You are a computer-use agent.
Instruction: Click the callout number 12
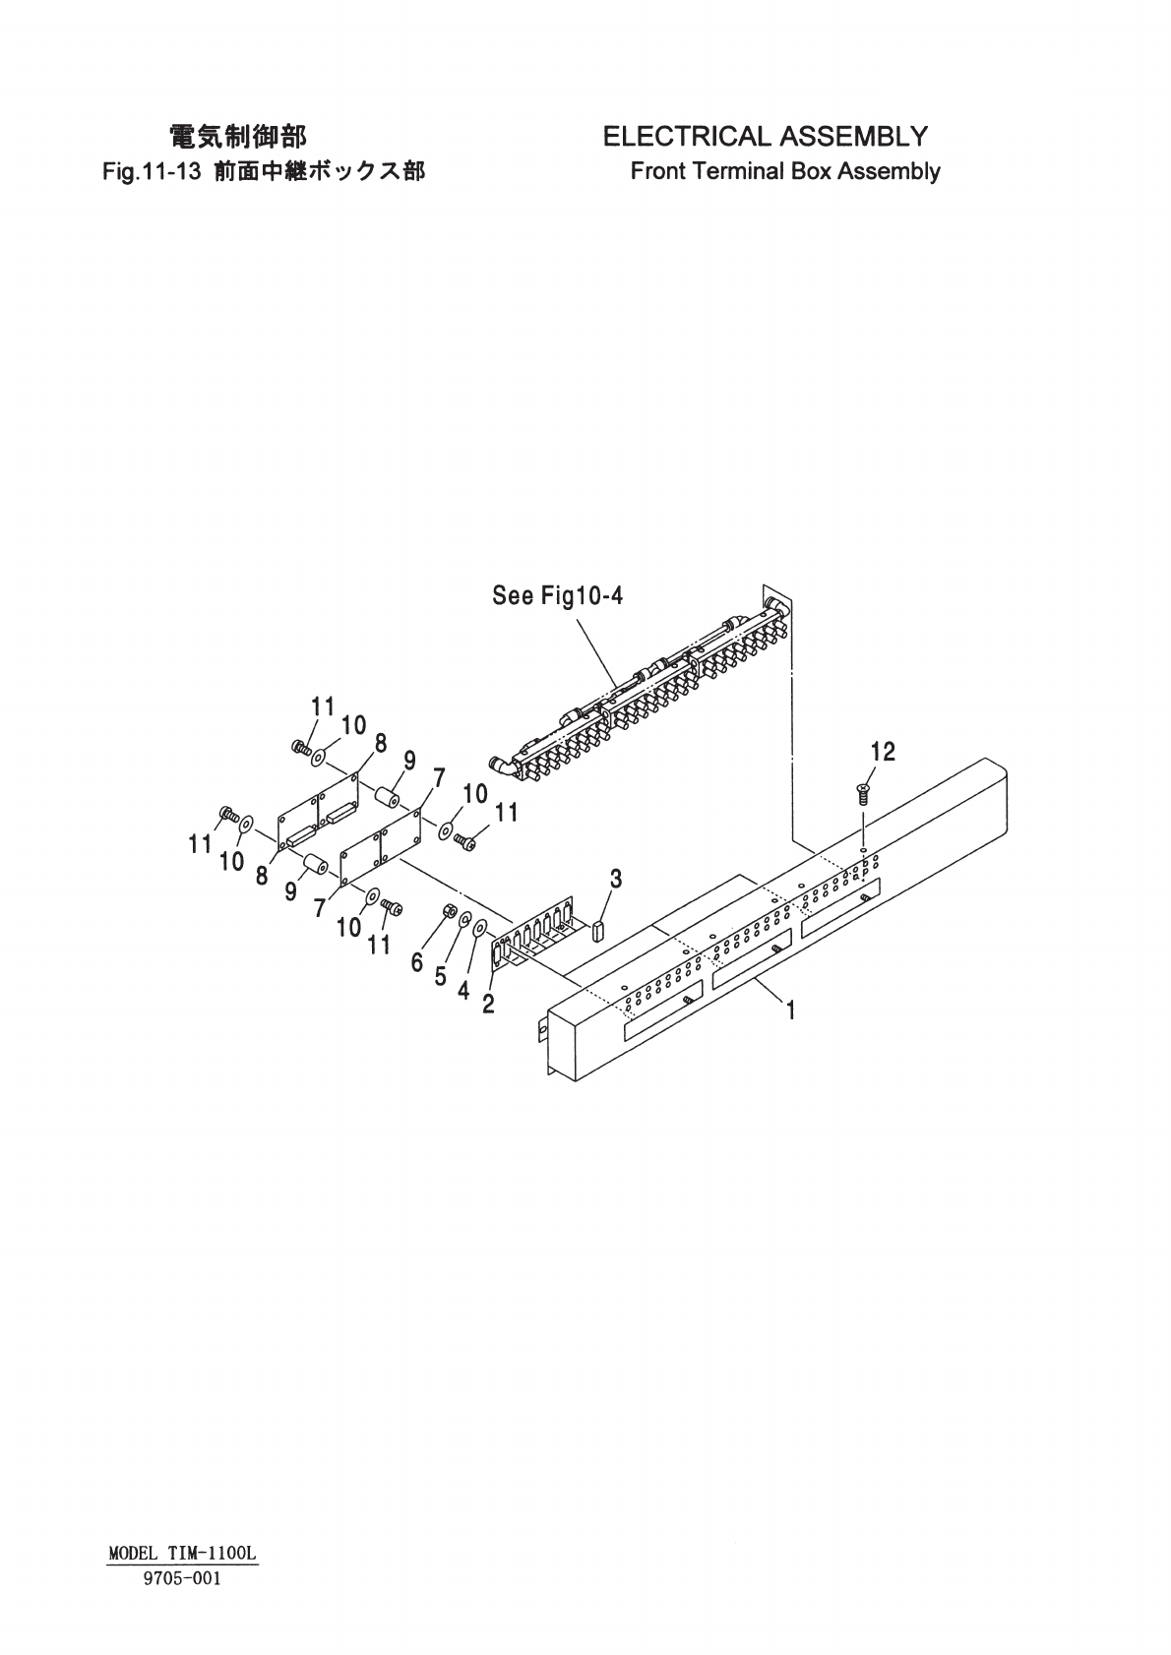(883, 753)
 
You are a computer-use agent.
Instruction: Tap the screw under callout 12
(862, 792)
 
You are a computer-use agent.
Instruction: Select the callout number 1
(789, 1010)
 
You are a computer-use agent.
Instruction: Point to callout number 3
(615, 879)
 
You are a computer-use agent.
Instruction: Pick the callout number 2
(488, 1006)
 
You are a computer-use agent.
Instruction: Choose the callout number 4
(462, 991)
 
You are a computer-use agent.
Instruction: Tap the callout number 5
(440, 977)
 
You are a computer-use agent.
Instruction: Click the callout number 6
(417, 962)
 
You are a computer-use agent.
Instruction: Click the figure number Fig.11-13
(153, 172)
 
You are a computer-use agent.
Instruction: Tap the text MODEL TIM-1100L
(183, 1554)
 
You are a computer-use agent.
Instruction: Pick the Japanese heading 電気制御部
(238, 136)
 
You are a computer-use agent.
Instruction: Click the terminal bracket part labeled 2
(531, 935)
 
